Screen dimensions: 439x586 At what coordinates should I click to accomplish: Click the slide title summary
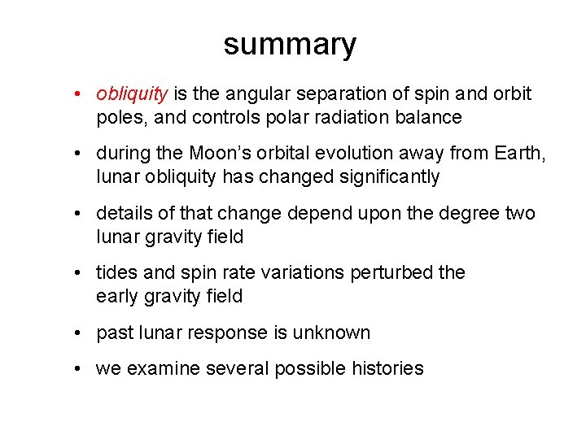tap(290, 44)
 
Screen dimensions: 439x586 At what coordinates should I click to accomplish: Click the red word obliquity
tap(132, 94)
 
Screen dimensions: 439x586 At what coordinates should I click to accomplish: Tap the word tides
tap(116, 272)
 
